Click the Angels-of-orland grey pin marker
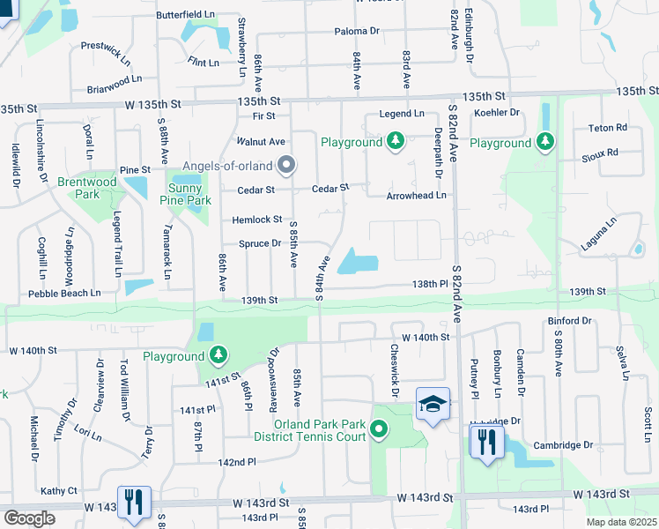tap(285, 165)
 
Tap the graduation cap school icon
tap(432, 404)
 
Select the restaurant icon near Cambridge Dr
tap(486, 442)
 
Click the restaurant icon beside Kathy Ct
tap(134, 502)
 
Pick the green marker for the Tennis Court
tap(380, 430)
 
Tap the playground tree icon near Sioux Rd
tap(545, 142)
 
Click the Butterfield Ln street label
tap(185, 16)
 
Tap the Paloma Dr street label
tap(357, 31)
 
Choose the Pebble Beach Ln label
tap(64, 293)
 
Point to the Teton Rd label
tap(608, 128)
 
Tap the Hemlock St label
tap(257, 220)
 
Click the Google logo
tap(29, 518)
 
